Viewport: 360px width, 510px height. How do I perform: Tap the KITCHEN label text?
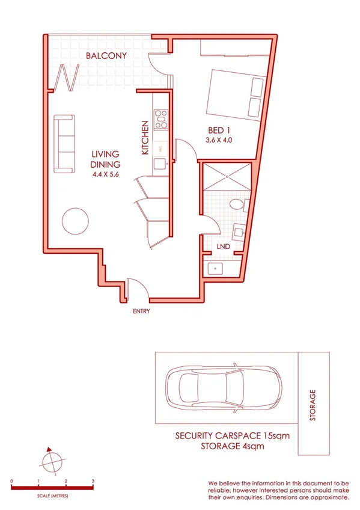click(x=145, y=138)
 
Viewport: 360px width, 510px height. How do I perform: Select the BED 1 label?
click(x=219, y=131)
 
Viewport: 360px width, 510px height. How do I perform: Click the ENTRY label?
click(x=141, y=311)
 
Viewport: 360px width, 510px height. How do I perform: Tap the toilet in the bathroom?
click(x=239, y=206)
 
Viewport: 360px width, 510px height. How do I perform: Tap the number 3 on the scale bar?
click(x=93, y=481)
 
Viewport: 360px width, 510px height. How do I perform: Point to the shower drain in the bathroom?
click(x=228, y=176)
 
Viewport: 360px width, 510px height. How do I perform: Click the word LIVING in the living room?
click(x=105, y=155)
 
